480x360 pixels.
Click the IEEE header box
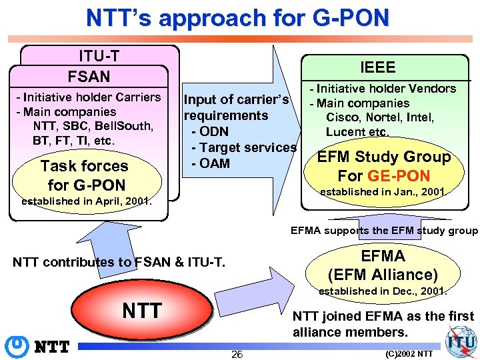pos(377,67)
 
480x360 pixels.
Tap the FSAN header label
pos(89,76)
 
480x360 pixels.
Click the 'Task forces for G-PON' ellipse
pos(84,175)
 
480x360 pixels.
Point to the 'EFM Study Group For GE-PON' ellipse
pos(384,167)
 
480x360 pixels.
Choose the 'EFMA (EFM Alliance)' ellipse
pos(383,265)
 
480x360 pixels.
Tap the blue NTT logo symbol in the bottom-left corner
pos(15,346)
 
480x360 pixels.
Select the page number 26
pos(237,354)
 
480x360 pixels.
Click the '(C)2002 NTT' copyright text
pos(409,353)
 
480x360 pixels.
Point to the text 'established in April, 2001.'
pos(87,201)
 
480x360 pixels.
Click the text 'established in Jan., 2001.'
pos(382,192)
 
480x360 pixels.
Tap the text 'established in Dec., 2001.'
pos(382,291)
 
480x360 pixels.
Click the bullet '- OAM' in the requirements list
pos(210,163)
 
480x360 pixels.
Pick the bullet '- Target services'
pos(243,147)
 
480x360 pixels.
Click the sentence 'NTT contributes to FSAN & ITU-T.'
pos(119,262)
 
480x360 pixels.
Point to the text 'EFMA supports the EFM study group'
pos(384,231)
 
